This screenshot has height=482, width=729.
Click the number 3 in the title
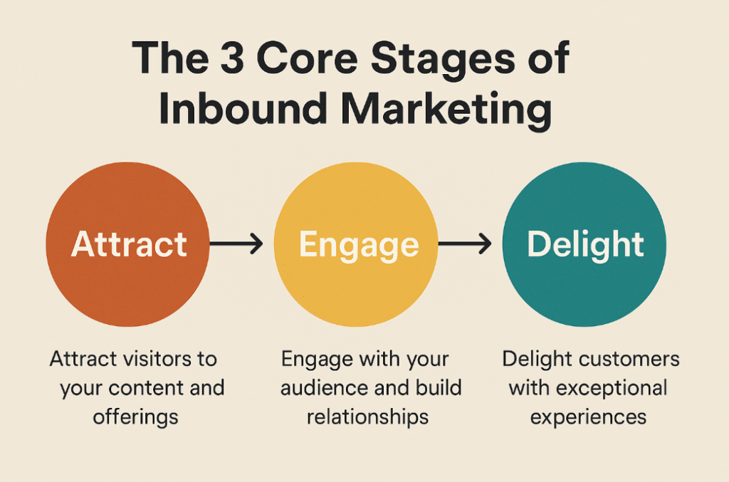tap(231, 58)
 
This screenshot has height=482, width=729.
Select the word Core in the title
tap(307, 58)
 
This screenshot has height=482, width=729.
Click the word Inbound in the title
tap(242, 108)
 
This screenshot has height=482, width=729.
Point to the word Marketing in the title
tap(446, 112)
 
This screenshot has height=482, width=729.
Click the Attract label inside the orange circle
tap(129, 244)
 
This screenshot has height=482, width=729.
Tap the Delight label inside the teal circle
tap(585, 246)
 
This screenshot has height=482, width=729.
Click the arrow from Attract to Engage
tap(236, 244)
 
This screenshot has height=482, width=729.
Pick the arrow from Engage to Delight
tap(464, 244)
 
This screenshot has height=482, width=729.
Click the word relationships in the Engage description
tap(367, 417)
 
